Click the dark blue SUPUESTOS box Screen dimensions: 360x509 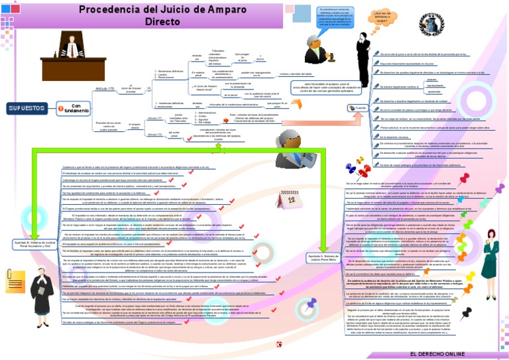click(x=27, y=107)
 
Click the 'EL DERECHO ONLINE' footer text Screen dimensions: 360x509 click(x=437, y=354)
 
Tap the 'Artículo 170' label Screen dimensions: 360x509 click(x=105, y=88)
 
